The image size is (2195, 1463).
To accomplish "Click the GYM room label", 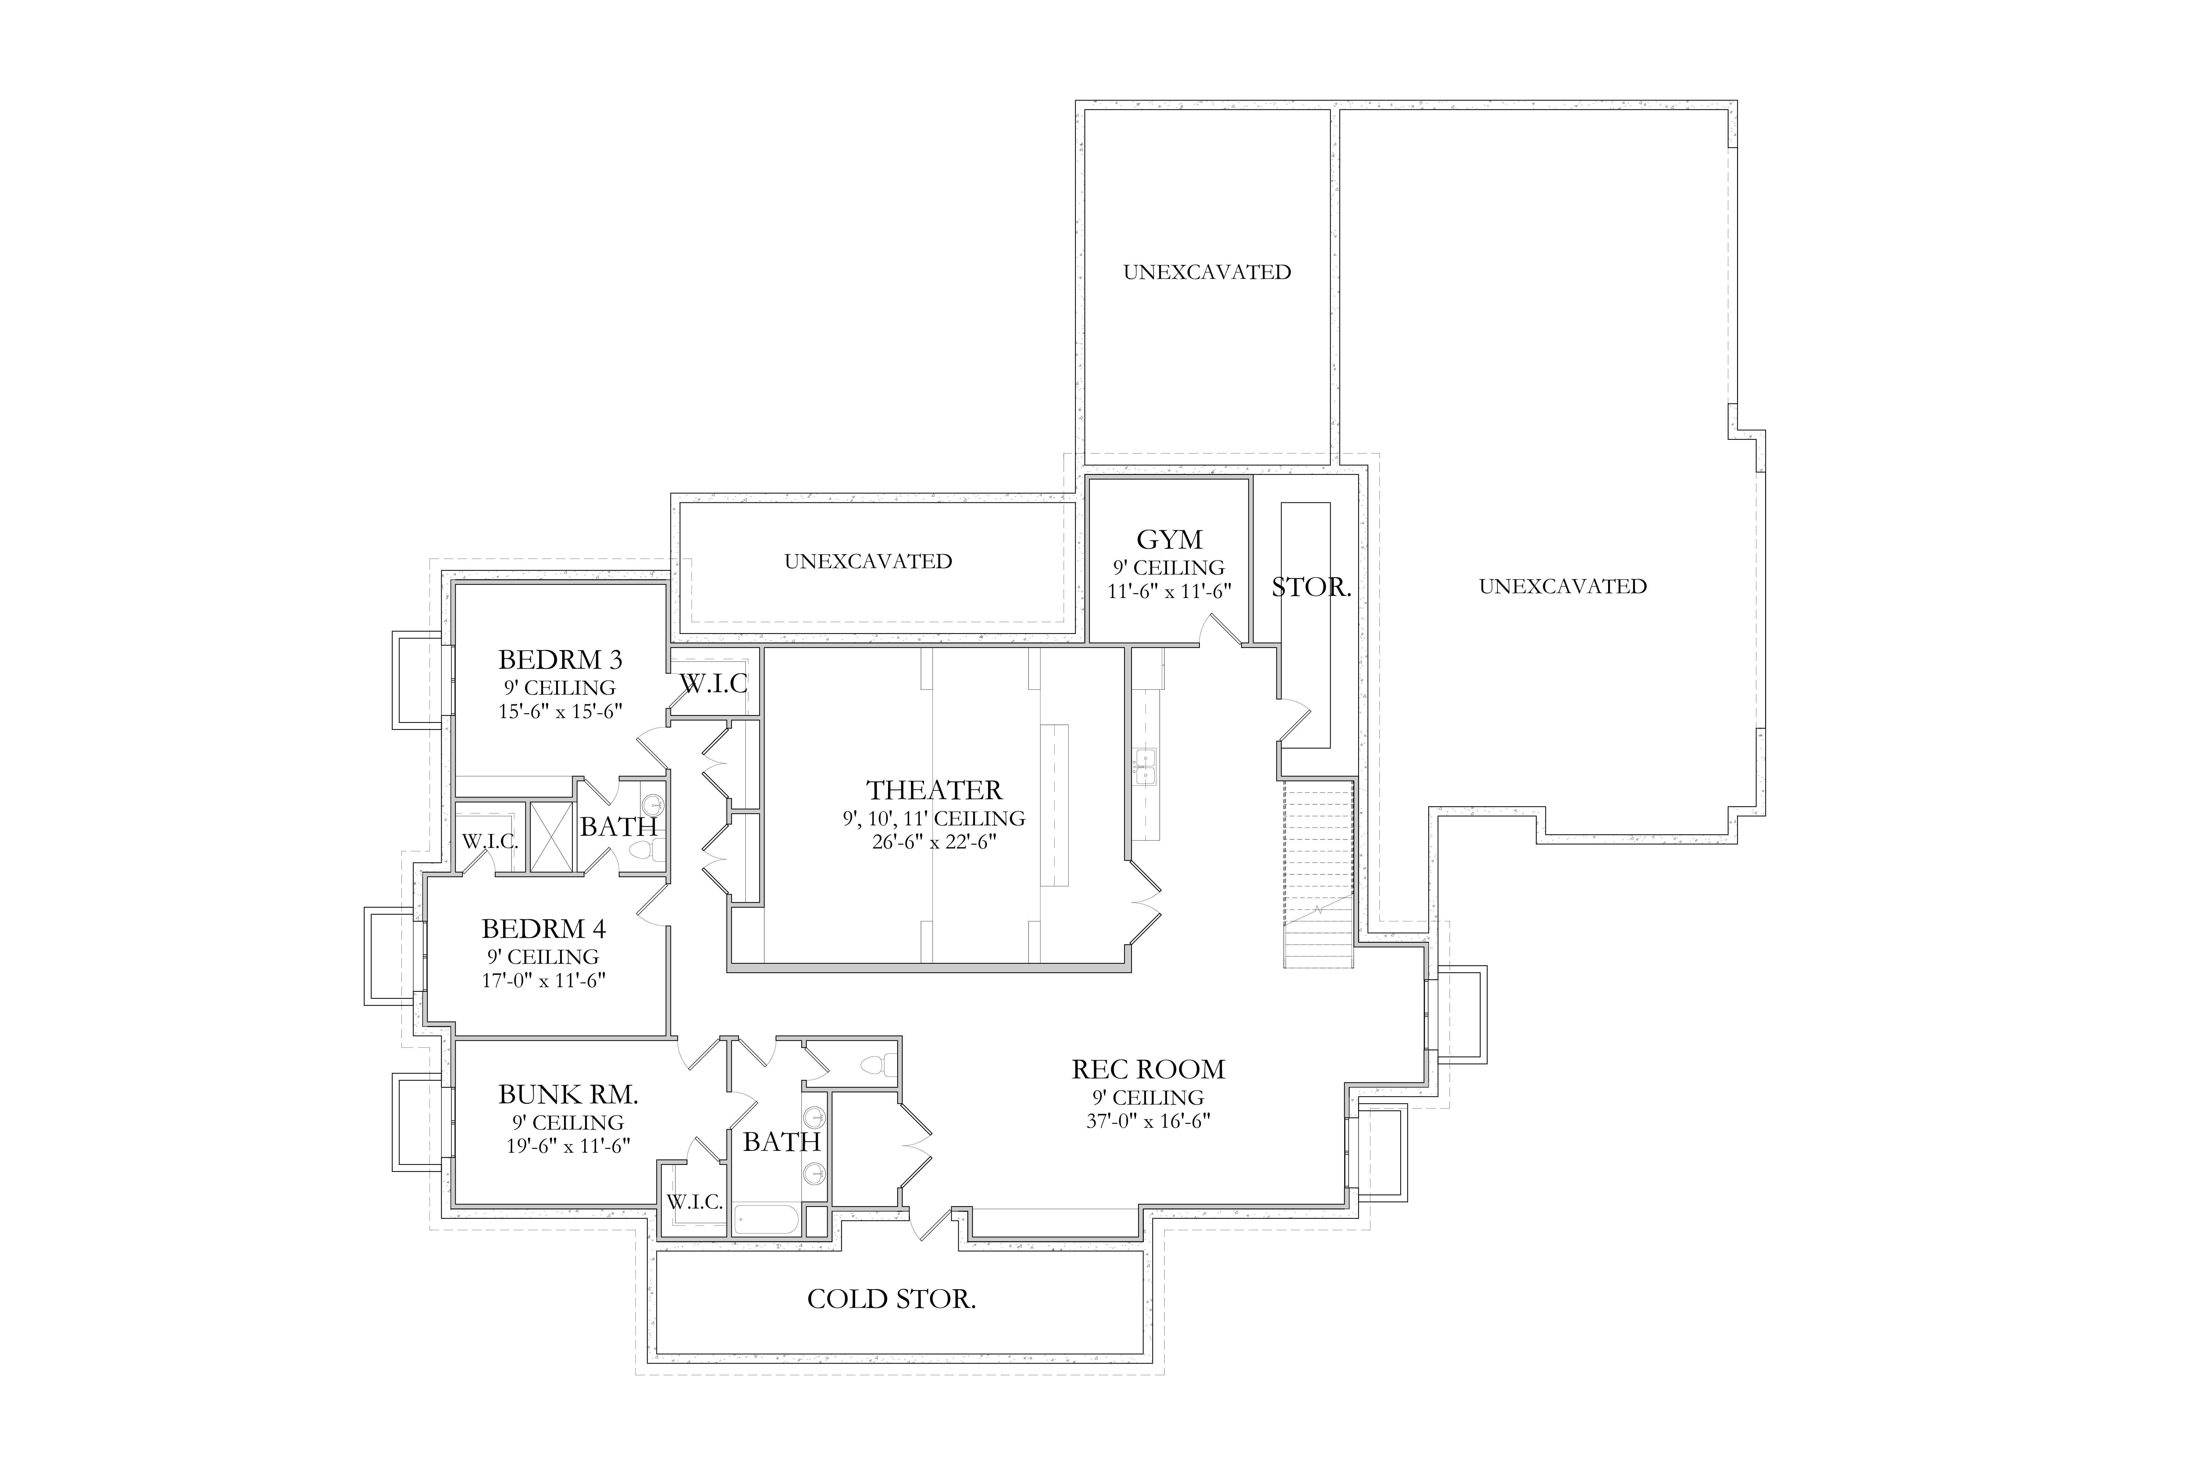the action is tap(1169, 539).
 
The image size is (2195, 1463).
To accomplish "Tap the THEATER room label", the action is tap(934, 790).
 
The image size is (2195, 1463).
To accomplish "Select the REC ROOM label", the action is tap(1148, 1069).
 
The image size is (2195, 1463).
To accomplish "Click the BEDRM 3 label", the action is tap(560, 660).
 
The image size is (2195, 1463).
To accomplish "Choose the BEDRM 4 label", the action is tap(544, 928).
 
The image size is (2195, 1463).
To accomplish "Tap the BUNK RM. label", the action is tap(568, 1095).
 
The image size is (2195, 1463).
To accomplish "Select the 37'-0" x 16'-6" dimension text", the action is tap(1148, 1121).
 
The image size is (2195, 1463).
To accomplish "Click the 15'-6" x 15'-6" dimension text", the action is tap(560, 711).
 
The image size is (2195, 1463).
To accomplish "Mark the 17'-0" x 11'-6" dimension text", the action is tap(544, 981).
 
